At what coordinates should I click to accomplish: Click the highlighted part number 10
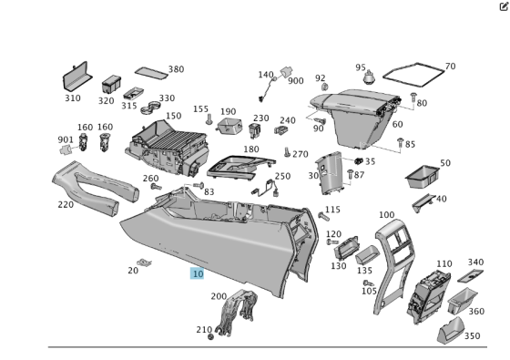point(197,273)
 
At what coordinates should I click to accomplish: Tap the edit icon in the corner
point(504,6)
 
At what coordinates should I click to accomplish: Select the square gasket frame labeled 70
point(413,75)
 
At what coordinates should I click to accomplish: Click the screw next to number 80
point(413,97)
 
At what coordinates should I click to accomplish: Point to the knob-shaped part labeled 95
point(369,77)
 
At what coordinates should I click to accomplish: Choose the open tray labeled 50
point(423,177)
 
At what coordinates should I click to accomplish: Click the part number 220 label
point(66,204)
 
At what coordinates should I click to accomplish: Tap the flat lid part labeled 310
point(77,77)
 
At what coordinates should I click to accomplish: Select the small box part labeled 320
point(111,84)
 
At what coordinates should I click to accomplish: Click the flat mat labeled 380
point(151,73)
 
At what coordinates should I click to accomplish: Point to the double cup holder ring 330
point(150,108)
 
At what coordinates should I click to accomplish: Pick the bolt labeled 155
point(209,119)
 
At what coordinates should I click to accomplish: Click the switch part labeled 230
point(255,129)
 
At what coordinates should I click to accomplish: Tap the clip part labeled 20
point(144,262)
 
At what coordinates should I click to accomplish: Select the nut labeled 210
point(210,336)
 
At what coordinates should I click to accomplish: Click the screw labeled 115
point(323,216)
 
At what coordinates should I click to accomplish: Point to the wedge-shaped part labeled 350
point(451,330)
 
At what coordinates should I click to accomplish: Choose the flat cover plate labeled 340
point(470,275)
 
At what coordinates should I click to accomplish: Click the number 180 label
point(251,149)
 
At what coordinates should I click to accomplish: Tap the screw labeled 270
point(287,152)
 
